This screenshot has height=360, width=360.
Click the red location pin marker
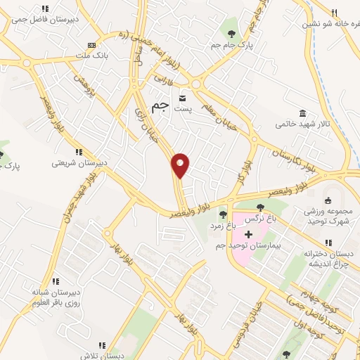[181, 165]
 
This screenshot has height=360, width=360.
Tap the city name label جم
[162, 105]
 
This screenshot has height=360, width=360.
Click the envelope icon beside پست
[183, 98]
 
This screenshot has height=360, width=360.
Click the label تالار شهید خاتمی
[302, 123]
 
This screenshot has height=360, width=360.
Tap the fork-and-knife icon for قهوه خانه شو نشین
[335, 12]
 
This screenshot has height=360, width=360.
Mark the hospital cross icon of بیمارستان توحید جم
[248, 233]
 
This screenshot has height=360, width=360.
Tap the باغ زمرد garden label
[224, 226]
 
